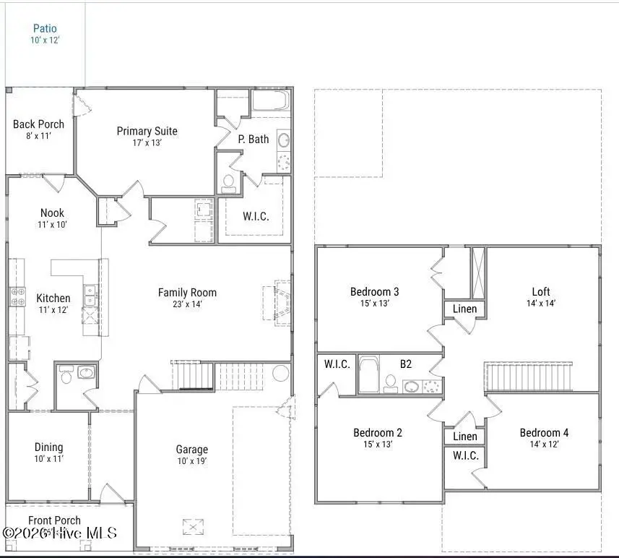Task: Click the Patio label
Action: click(x=45, y=29)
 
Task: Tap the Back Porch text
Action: click(x=38, y=124)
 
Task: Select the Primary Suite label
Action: click(x=147, y=131)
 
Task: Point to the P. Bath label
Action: click(x=253, y=139)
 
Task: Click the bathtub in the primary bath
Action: click(x=270, y=100)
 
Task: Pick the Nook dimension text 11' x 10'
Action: click(x=52, y=225)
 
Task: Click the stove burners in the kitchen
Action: click(x=17, y=297)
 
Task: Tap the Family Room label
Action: click(x=187, y=293)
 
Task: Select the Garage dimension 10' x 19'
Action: click(x=191, y=461)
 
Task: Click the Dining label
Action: click(x=48, y=447)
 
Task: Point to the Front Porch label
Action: click(x=54, y=520)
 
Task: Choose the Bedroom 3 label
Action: click(x=374, y=292)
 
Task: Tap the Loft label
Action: click(x=541, y=292)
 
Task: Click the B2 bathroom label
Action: click(x=406, y=364)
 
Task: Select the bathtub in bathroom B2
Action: click(x=369, y=374)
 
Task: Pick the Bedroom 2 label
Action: click(x=377, y=433)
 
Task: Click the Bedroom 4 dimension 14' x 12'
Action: click(x=544, y=445)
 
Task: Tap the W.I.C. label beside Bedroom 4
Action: click(x=464, y=456)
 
